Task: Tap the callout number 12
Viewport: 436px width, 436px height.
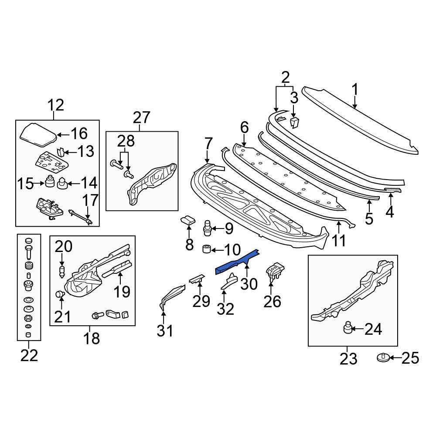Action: tap(56, 106)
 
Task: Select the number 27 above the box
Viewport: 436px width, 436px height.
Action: tap(142, 117)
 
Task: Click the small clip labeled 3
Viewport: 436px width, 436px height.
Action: tap(294, 123)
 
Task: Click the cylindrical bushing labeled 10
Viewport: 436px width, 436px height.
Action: tap(207, 249)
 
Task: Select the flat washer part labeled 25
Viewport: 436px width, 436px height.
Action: tap(383, 358)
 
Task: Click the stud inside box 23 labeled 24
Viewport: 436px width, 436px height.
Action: tap(347, 327)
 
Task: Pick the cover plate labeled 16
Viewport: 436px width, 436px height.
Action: tap(38, 134)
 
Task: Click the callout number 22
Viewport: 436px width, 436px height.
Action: tap(29, 356)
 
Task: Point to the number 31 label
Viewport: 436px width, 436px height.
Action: tap(165, 331)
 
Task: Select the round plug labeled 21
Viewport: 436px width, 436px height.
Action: tap(60, 294)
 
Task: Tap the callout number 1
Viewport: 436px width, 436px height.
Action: tap(354, 90)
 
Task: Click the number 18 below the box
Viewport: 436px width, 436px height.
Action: tap(91, 339)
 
